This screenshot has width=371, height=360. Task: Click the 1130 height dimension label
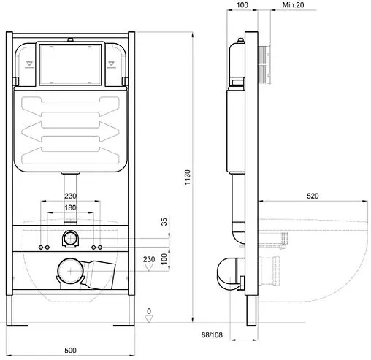tap(187, 177)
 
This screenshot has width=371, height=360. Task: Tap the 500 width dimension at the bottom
tap(70, 351)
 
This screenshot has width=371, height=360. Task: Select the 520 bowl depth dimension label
tap(313, 196)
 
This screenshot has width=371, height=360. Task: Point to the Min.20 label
tap(293, 5)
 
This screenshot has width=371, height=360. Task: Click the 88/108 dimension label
tap(212, 335)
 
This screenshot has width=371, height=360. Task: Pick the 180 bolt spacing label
tap(70, 207)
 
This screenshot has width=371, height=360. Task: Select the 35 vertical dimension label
tap(164, 221)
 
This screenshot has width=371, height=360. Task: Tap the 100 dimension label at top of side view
tap(242, 5)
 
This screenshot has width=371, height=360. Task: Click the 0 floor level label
tap(149, 311)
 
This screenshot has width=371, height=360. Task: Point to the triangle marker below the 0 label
tap(149, 319)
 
